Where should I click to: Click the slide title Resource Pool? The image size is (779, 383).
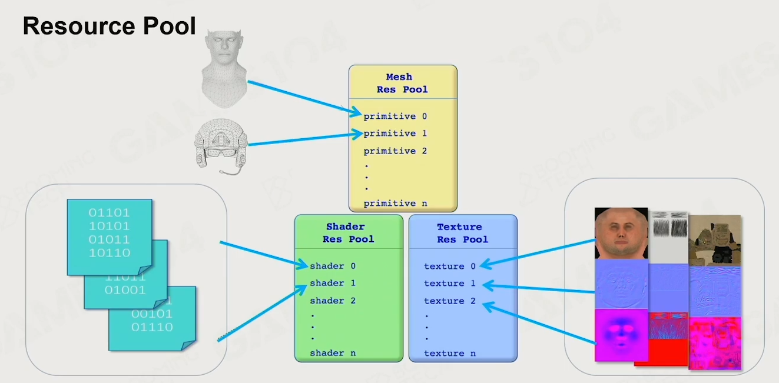110,26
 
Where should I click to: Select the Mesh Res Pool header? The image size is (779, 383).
402,83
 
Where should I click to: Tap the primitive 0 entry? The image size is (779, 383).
395,116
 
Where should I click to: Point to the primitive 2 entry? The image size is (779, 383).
395,151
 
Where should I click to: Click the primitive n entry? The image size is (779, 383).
395,204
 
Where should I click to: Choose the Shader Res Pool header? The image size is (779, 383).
348,233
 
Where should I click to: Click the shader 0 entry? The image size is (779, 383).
333,267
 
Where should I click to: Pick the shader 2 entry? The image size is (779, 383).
333,301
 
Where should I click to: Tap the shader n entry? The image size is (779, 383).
333,353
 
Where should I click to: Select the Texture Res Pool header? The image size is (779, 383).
462,233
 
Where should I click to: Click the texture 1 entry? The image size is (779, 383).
449,284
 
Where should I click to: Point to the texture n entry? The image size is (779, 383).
449,354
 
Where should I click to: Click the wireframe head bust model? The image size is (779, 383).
224,69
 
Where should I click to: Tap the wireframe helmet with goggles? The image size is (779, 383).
221,146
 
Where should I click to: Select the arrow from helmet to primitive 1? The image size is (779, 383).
306,139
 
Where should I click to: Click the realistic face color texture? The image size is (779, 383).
621,233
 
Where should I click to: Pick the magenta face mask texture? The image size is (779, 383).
621,335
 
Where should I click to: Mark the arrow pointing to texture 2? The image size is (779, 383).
539,322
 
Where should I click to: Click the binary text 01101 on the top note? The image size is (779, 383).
109,212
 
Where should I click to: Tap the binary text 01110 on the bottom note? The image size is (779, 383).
152,327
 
